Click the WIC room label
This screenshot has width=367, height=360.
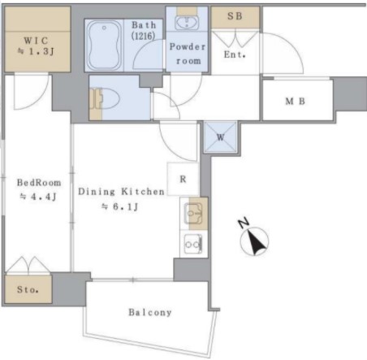pos(36,41)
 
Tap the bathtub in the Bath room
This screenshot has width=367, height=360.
pos(105,46)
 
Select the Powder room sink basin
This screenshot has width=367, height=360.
pos(187,23)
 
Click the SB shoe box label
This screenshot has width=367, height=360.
pos(235,16)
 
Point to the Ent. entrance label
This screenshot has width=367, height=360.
pos(235,54)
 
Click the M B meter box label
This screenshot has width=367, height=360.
pos(296,102)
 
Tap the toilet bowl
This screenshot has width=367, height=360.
pos(108,99)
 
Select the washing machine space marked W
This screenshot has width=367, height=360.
pos(221,137)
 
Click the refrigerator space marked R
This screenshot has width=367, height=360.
pos(183,179)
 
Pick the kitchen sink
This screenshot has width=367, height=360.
pos(193,214)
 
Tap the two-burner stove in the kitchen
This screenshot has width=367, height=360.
pos(193,245)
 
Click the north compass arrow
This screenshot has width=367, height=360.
pos(257,243)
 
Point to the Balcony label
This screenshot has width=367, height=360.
pos(150,312)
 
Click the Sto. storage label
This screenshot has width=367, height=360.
pos(28,289)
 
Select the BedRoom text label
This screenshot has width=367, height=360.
pos(39,183)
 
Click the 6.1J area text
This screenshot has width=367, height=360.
pos(120,207)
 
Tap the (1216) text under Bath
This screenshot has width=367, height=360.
pos(143,36)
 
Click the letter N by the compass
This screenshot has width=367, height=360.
pos(244,223)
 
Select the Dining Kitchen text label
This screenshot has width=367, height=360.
pos(121,192)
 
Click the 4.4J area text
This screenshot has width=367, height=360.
pos(38,197)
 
